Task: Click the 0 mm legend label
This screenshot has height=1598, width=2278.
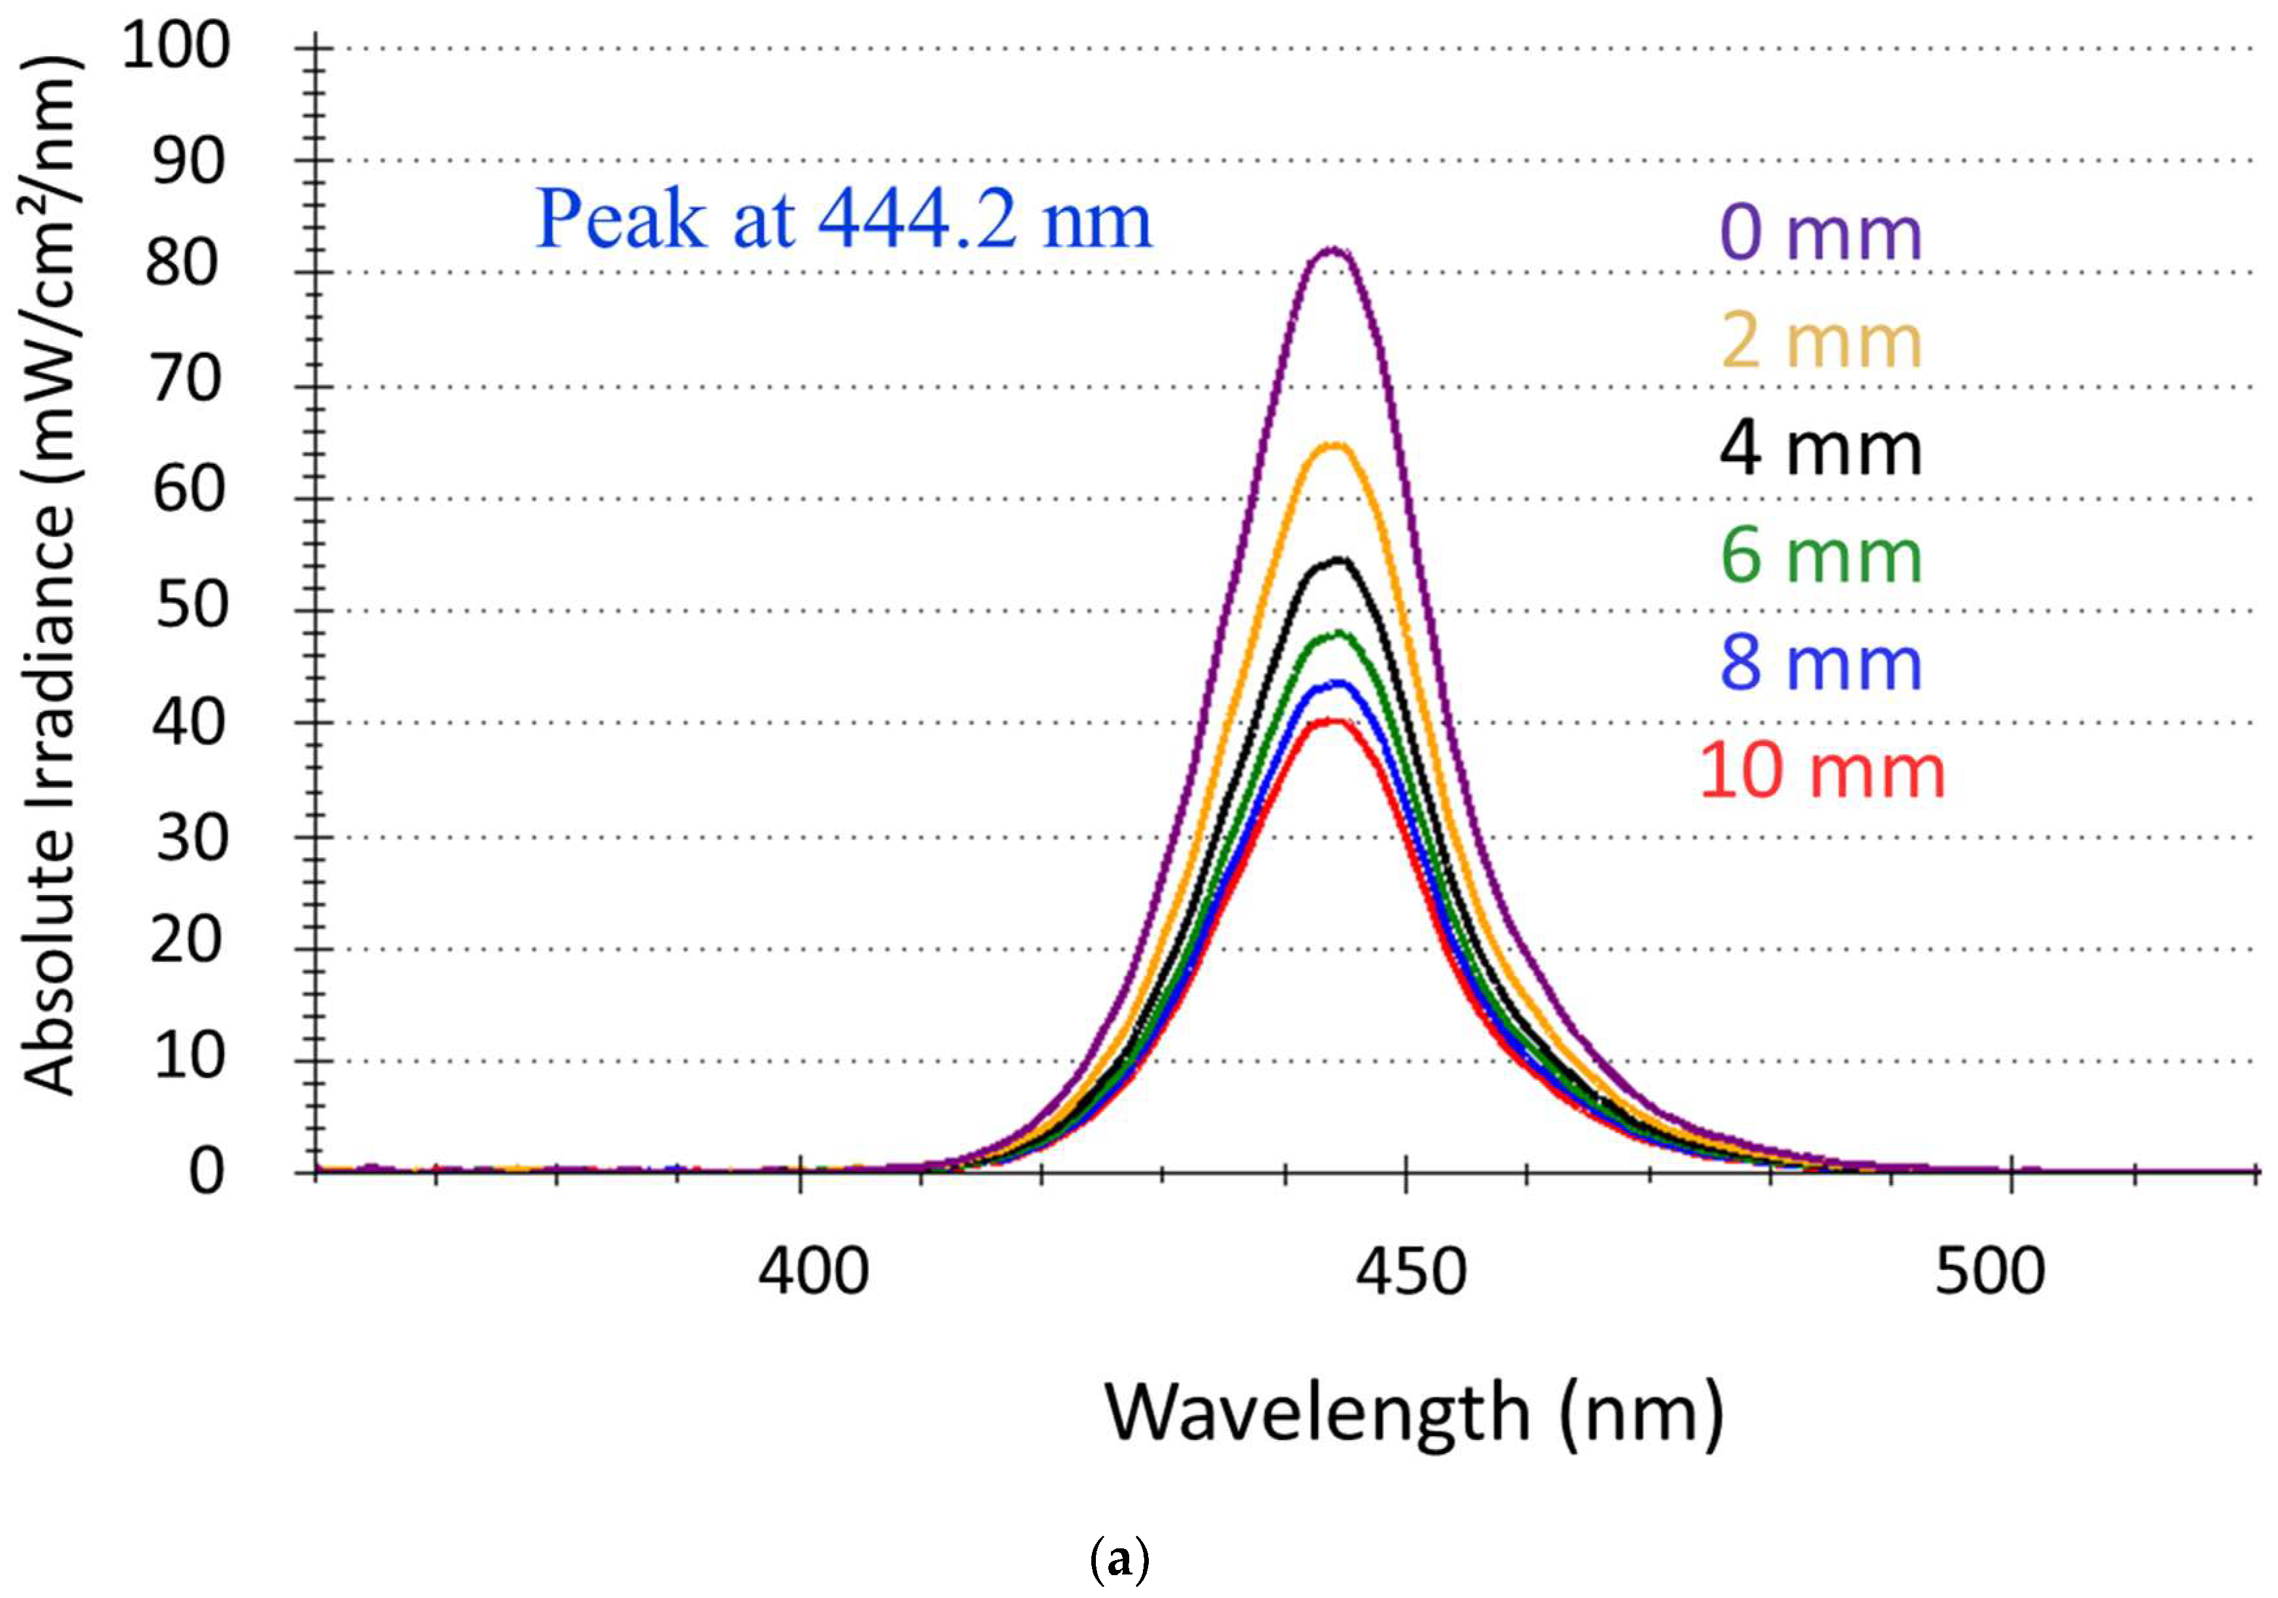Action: (1821, 233)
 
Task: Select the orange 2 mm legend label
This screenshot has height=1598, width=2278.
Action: (1821, 341)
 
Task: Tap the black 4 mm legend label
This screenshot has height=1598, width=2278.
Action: (1821, 449)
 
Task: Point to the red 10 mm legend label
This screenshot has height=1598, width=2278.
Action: (1821, 771)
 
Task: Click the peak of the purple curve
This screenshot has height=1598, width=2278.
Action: (1334, 250)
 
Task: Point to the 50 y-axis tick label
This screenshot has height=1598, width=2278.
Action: (191, 606)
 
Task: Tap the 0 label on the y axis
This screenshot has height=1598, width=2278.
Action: (206, 1171)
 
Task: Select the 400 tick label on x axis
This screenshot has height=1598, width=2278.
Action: (812, 1273)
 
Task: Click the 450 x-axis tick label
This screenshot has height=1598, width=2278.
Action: (1410, 1273)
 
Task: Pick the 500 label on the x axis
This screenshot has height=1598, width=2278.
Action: (1989, 1273)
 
